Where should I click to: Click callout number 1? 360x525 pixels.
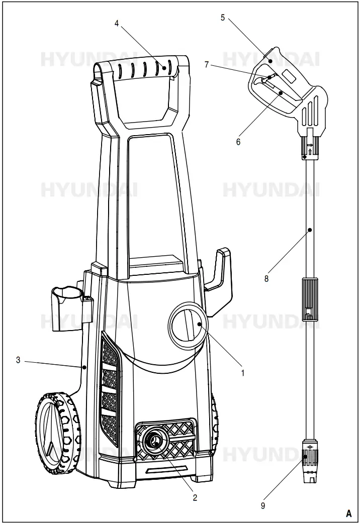click(x=243, y=373)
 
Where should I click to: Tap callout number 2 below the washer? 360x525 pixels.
click(x=195, y=497)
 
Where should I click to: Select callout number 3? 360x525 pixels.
click(x=18, y=360)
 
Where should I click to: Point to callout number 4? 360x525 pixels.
click(x=117, y=24)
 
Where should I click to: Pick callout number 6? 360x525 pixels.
click(x=238, y=142)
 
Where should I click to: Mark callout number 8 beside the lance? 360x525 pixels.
click(x=266, y=278)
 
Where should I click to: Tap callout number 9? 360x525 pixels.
click(x=262, y=506)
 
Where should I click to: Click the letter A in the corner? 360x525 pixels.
click(x=348, y=513)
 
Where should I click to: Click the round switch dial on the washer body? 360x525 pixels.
click(x=186, y=325)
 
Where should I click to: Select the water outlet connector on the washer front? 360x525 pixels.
click(x=155, y=441)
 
